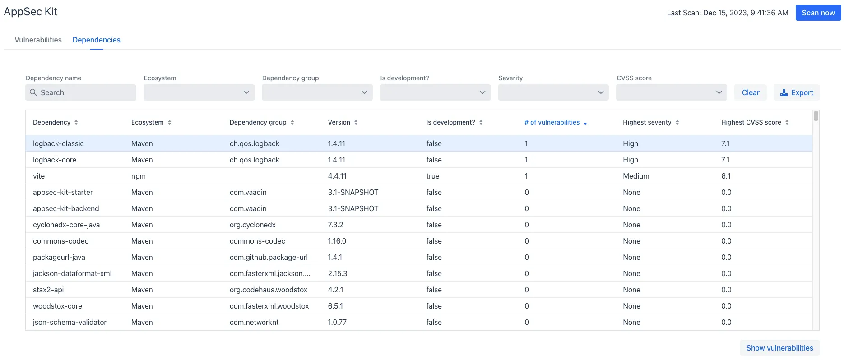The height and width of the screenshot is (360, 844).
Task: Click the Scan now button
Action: click(818, 13)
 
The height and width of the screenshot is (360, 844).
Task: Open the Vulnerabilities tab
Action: click(38, 40)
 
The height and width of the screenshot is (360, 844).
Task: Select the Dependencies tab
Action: click(96, 40)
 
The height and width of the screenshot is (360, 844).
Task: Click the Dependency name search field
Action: click(81, 92)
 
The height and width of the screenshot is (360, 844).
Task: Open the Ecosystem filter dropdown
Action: click(199, 92)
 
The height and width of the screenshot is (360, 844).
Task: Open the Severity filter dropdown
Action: click(553, 92)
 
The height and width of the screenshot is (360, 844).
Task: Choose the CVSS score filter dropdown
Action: click(671, 92)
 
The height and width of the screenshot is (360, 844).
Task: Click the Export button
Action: click(797, 92)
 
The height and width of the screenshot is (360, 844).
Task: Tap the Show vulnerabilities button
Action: click(779, 348)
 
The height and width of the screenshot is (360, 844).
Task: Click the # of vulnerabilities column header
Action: click(552, 122)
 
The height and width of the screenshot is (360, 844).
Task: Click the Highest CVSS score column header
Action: click(751, 122)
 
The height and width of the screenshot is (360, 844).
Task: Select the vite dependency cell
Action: click(39, 176)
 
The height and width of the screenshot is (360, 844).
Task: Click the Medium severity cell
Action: click(636, 176)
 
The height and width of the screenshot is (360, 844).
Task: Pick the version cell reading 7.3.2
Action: click(335, 225)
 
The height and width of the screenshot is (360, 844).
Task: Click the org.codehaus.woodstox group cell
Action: click(268, 290)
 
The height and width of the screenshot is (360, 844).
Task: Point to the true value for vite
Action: click(432, 176)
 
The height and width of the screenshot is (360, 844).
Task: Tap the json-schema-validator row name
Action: click(70, 322)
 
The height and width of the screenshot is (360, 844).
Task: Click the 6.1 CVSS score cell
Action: click(726, 176)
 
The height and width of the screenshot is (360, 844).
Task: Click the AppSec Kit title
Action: click(31, 12)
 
